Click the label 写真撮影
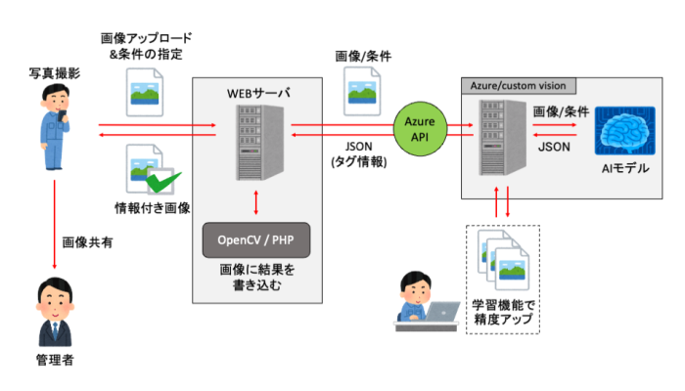[55, 74]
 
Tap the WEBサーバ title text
[255, 93]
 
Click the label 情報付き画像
[152, 207]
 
